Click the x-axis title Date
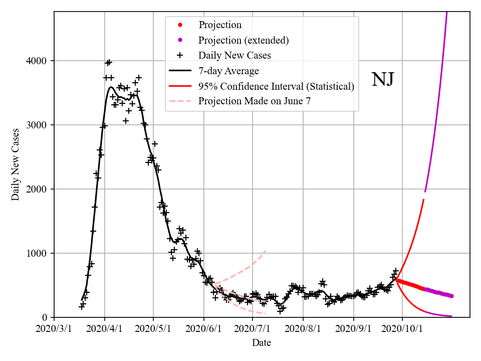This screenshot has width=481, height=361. (262, 343)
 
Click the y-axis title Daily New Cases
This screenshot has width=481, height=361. (16, 164)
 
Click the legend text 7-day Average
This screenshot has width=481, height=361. (228, 71)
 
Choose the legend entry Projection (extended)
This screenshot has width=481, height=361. (244, 40)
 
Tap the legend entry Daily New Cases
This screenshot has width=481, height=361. (234, 55)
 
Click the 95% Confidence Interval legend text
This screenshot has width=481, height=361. (276, 86)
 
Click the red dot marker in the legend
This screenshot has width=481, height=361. (181, 25)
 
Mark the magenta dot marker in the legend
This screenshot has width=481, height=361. (181, 40)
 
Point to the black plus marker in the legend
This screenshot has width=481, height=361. (181, 55)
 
